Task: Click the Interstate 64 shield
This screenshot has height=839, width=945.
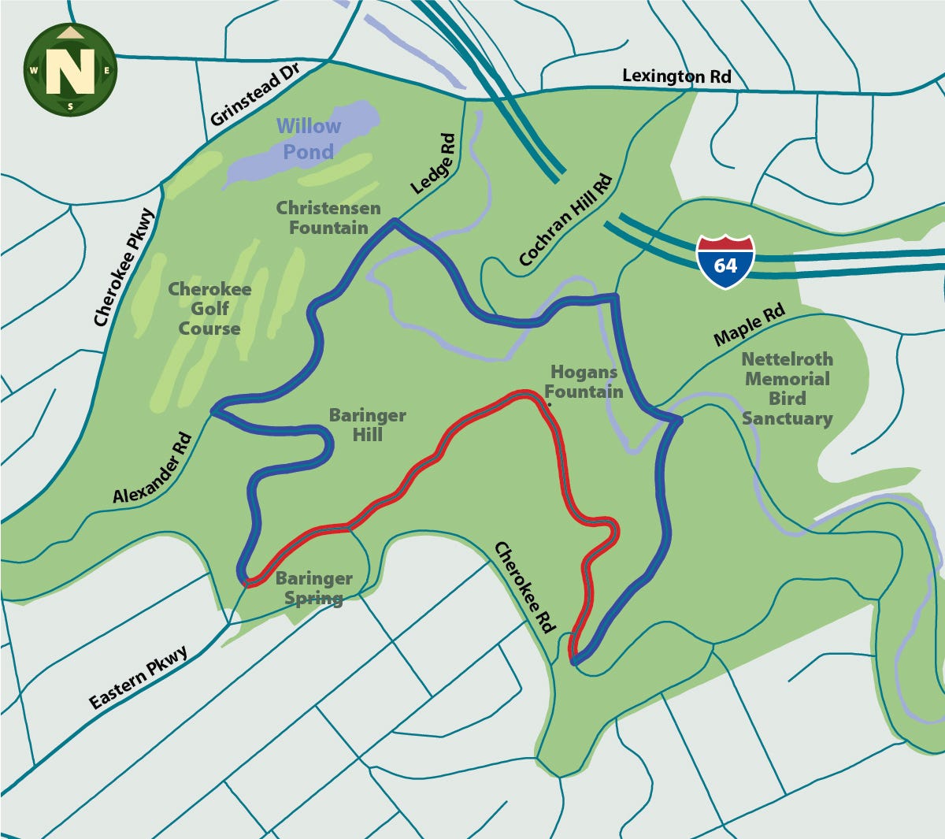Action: click(x=724, y=262)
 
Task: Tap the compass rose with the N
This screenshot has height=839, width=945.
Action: click(x=70, y=69)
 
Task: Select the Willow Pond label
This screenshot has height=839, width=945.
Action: click(x=308, y=139)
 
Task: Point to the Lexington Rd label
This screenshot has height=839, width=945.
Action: click(x=676, y=76)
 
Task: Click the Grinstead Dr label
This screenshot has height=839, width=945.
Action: click(x=256, y=97)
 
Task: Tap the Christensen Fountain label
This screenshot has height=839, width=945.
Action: click(x=328, y=218)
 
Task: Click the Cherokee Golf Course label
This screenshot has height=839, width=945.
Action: click(x=209, y=309)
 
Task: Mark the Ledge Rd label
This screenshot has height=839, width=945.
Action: click(x=433, y=164)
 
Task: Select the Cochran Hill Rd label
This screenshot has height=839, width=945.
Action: click(x=565, y=220)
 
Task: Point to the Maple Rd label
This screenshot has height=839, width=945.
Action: click(x=749, y=325)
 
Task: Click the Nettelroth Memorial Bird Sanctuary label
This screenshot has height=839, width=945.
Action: click(x=787, y=388)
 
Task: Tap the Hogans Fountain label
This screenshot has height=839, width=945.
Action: click(x=584, y=381)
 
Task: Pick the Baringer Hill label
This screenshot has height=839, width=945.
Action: click(x=367, y=425)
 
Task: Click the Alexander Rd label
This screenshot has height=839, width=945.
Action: click(x=152, y=467)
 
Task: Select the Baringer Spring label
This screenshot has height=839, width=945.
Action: click(x=313, y=588)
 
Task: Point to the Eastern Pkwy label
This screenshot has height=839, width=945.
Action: click(x=138, y=678)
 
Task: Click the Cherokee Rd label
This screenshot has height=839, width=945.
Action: click(x=524, y=586)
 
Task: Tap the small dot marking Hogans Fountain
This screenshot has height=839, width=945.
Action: click(x=549, y=405)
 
